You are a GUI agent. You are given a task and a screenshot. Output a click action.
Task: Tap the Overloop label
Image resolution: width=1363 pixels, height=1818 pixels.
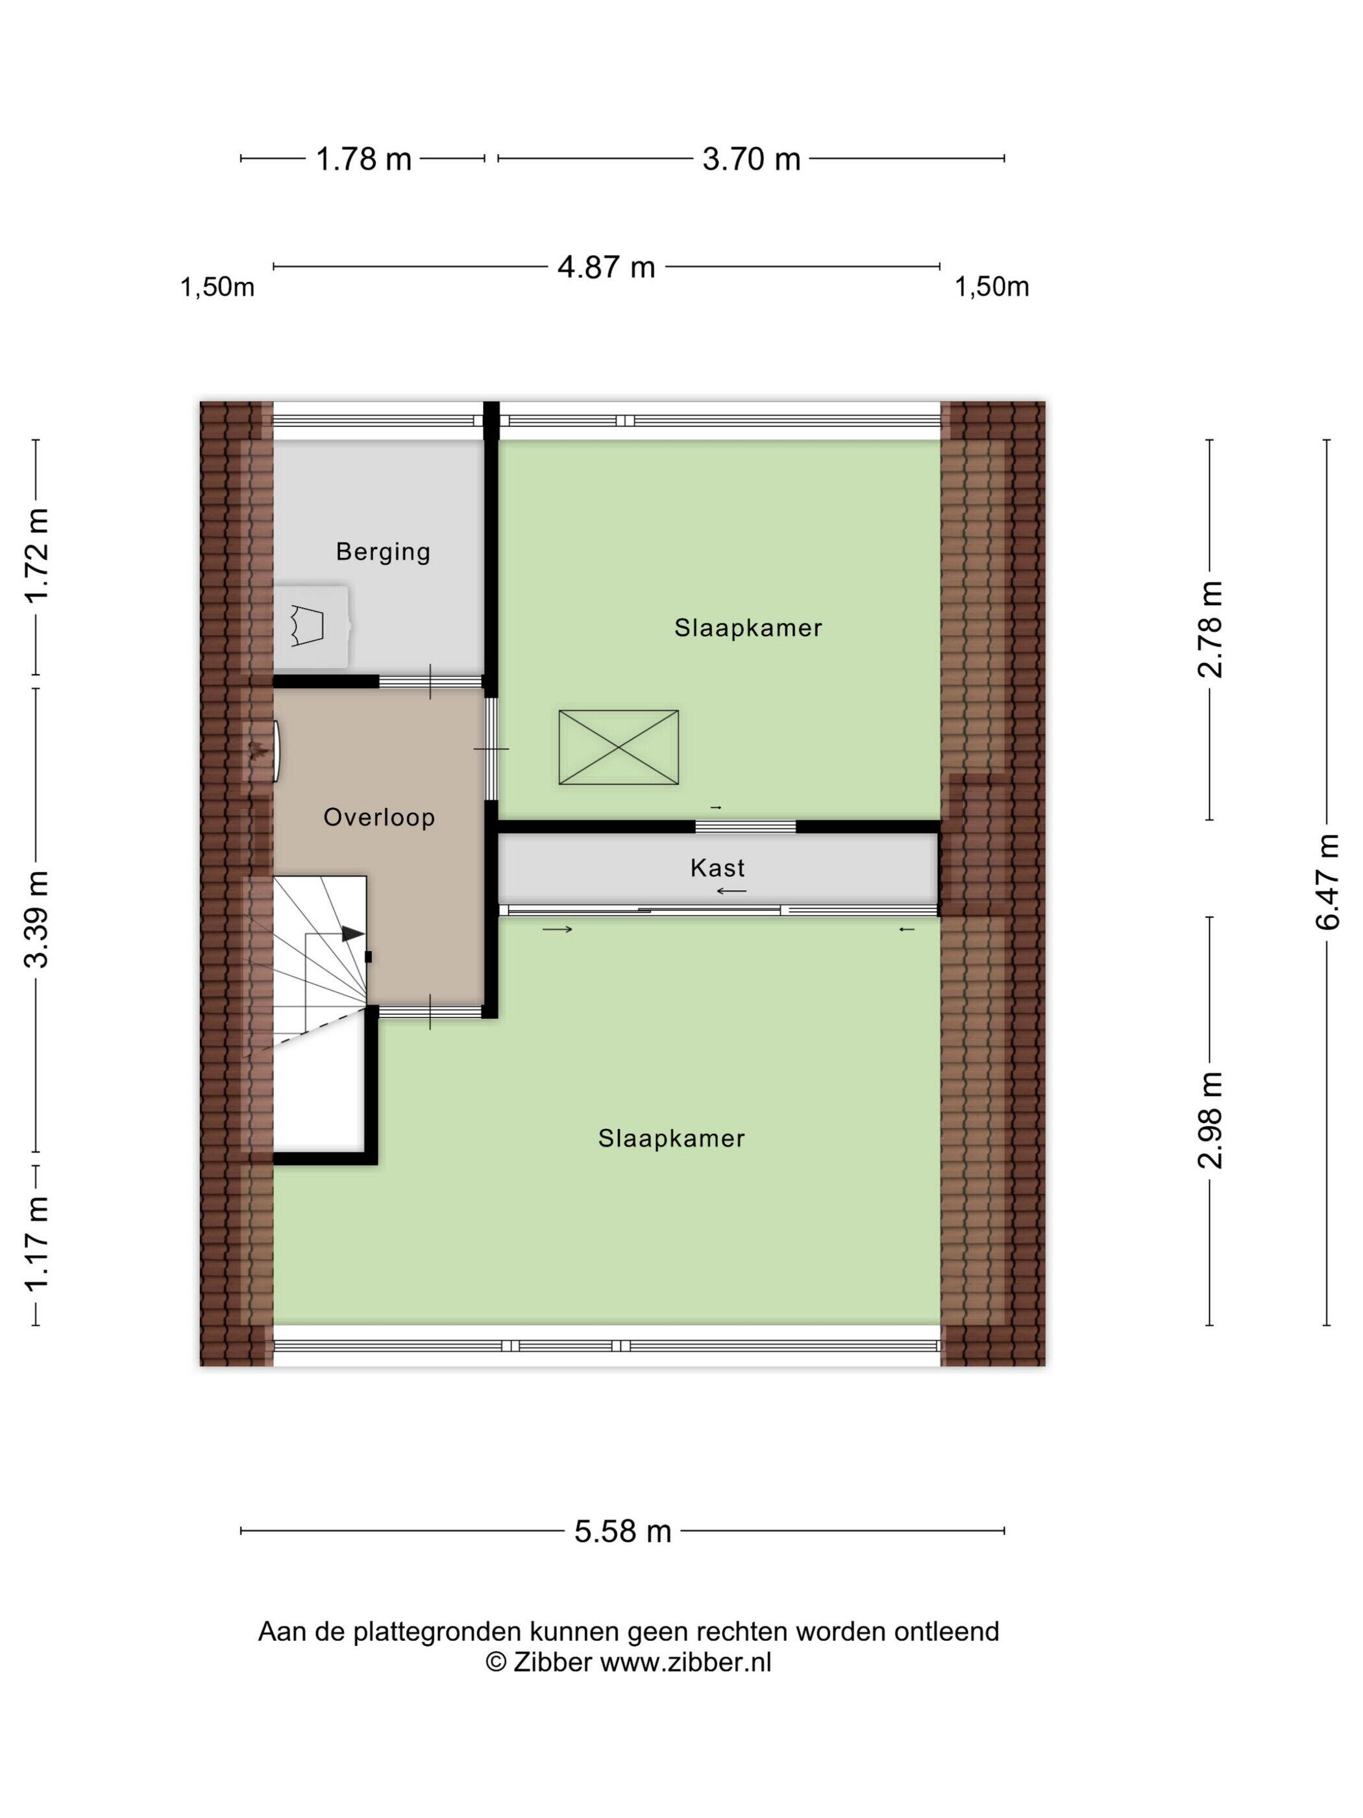379,817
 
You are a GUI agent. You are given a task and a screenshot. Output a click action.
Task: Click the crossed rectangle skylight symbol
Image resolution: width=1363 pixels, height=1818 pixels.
619,747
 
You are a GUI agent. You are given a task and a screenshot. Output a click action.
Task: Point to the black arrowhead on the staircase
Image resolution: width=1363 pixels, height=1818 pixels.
353,934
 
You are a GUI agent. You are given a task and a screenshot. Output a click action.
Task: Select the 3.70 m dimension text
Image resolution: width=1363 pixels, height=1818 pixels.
751,158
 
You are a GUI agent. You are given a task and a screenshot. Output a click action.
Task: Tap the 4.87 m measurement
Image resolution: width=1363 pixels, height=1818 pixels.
606,267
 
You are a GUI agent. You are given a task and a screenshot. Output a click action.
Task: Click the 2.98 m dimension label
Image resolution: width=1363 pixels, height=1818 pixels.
1210,1120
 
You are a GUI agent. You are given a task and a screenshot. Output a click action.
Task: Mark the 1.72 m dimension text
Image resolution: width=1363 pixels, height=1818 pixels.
37,556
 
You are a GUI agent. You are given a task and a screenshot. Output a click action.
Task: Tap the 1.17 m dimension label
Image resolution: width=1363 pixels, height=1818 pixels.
37,1243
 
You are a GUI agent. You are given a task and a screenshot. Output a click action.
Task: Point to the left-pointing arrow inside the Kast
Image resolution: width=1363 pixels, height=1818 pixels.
731,891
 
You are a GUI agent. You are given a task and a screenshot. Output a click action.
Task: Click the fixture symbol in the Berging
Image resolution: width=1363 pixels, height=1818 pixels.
306,625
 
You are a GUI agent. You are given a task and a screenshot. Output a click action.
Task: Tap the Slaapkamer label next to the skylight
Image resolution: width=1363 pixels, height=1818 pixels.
748,628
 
